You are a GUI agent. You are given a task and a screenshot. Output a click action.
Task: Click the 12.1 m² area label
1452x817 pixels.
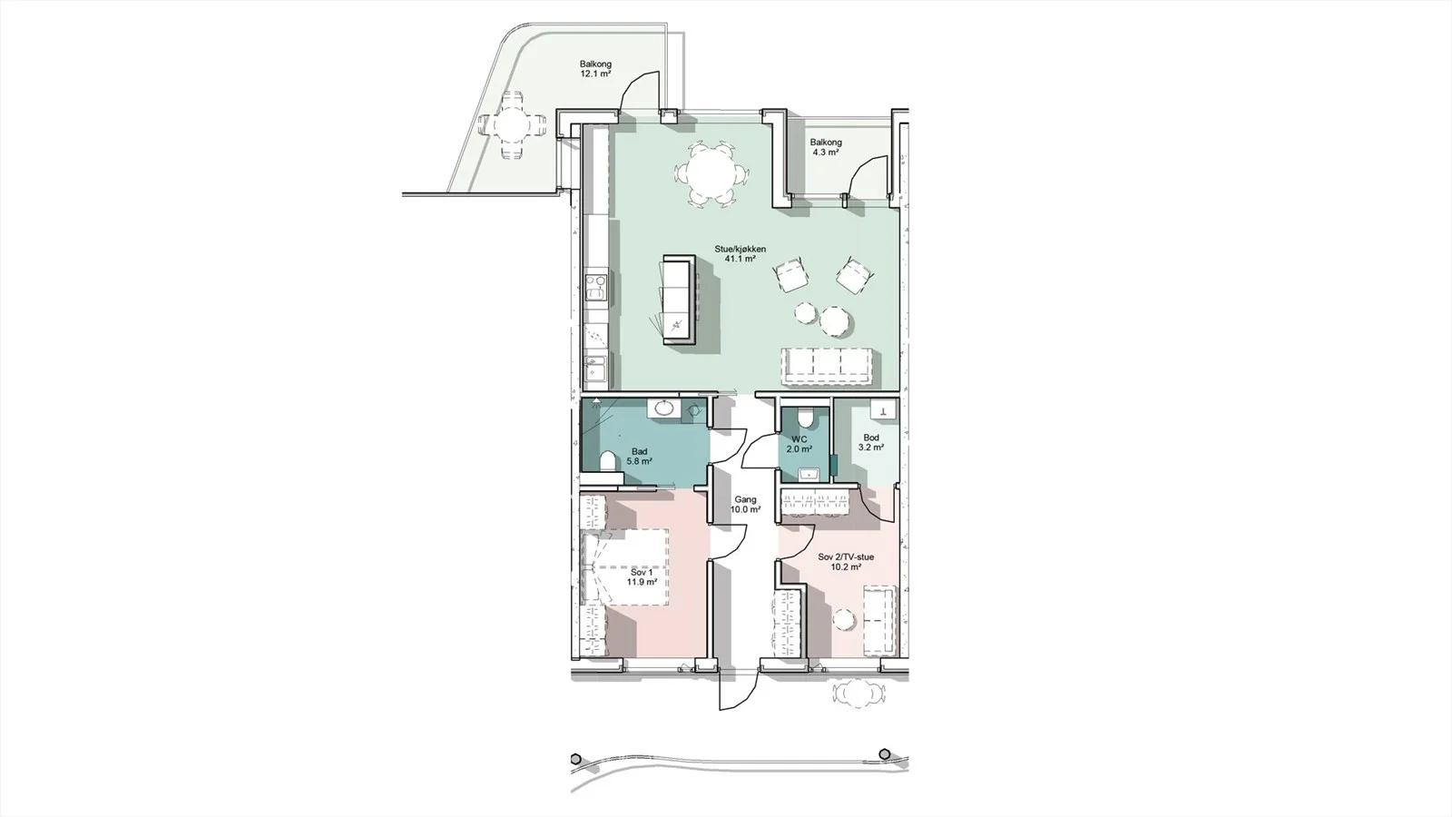pos(142,74)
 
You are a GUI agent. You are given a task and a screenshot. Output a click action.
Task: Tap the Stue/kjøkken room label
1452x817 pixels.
pos(741,249)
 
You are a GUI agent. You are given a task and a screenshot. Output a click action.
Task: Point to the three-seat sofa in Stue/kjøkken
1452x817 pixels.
pos(827,367)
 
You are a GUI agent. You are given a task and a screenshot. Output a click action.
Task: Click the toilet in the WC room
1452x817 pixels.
pos(804,416)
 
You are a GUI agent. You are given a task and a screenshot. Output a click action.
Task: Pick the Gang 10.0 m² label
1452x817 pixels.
pos(745,505)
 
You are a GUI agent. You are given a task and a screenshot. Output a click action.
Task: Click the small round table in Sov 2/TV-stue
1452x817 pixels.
pos(843,619)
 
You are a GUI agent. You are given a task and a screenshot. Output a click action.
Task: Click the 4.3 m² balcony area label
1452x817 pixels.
pos(826,153)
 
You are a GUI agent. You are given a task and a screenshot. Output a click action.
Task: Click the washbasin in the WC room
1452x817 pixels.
pos(809,474)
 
